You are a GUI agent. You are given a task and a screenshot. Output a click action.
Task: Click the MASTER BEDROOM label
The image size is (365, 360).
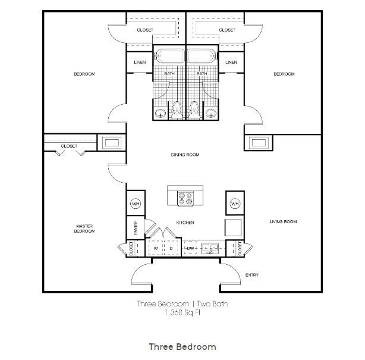pos(84,228)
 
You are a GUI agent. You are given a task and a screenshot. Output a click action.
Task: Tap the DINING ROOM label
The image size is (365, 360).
pos(185,155)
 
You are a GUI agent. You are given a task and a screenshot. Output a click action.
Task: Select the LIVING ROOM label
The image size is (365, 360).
pos(282,222)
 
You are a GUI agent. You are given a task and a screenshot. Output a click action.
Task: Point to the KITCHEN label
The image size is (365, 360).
pos(185,223)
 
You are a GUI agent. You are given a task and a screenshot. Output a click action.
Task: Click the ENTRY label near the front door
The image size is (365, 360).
pos(252,275)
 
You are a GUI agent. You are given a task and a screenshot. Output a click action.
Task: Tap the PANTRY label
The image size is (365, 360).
pos(135,228)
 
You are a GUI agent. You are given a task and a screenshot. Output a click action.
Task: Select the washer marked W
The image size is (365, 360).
pos(155,248)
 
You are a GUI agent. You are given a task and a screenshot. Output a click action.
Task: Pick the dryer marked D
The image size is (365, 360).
pos(171,248)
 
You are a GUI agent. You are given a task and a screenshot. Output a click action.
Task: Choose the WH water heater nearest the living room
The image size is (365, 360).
pos(235,204)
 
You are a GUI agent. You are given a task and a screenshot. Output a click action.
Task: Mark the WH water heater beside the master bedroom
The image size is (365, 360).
pos(135,204)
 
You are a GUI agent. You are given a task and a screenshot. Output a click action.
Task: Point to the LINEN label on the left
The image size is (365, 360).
pos(140,62)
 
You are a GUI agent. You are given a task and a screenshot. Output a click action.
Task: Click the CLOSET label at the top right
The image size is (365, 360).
pos(226,30)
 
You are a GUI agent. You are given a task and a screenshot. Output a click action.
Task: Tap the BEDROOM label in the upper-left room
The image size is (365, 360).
pos(84,74)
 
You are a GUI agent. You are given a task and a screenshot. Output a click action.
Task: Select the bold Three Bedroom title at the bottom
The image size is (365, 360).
pos(182,346)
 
